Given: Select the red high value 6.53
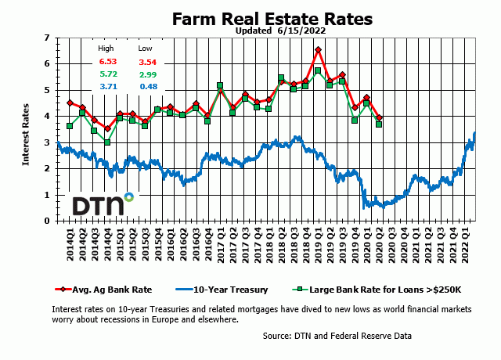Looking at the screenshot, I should point(107,61).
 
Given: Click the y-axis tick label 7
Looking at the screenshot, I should point(46,38).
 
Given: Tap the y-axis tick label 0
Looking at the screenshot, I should point(46,221).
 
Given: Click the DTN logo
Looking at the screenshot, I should point(102,204).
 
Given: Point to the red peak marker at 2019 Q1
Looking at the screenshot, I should point(318,50).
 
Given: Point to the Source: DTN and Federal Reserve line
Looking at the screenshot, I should point(337,336).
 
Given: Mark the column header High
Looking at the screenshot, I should point(106,49).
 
